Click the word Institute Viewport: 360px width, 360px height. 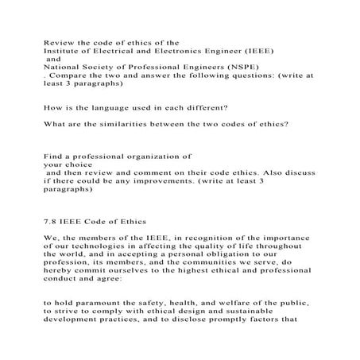[x=61, y=49]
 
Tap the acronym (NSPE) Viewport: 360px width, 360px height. [x=256, y=68]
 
